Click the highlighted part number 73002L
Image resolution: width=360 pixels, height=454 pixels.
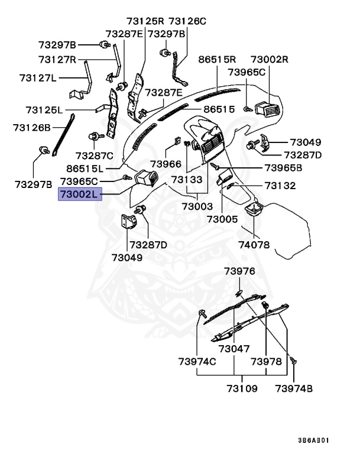tap(80, 193)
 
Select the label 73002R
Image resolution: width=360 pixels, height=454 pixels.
tap(269, 60)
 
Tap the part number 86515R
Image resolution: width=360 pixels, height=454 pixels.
tap(217, 60)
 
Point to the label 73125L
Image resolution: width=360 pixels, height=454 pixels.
tap(44, 110)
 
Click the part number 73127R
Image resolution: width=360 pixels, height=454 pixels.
tap(57, 60)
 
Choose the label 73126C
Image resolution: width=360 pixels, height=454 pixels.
tap(187, 21)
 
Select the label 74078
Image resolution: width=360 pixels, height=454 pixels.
tap(254, 243)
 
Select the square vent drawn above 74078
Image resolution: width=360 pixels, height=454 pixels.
tap(254, 210)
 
